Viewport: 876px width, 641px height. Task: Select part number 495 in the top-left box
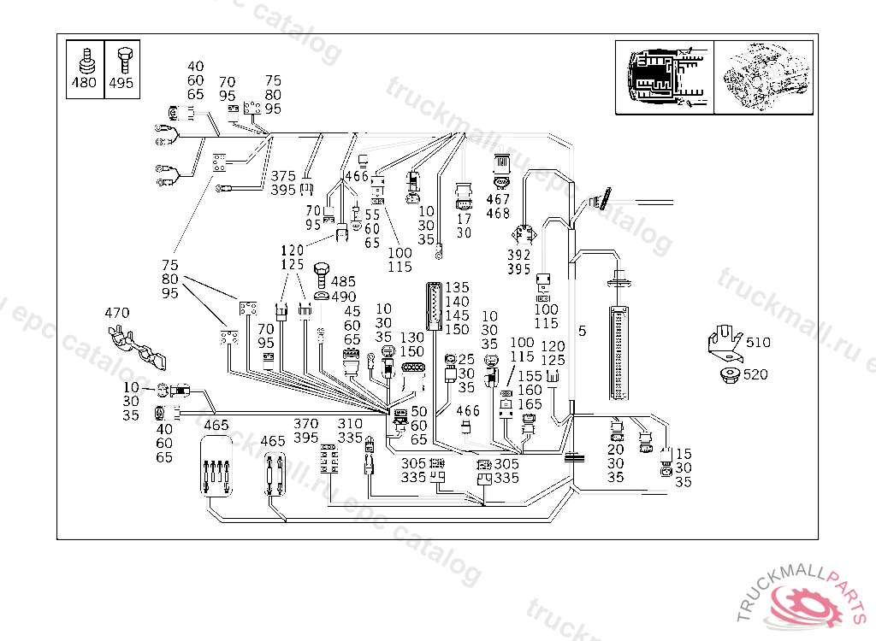click(121, 85)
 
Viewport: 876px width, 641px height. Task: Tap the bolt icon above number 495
click(121, 59)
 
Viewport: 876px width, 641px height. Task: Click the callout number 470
click(117, 313)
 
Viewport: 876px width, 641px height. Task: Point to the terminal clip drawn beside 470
click(137, 346)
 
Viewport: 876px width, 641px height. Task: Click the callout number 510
click(757, 343)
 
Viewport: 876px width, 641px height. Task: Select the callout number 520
click(755, 374)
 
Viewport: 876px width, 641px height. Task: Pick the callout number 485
click(343, 281)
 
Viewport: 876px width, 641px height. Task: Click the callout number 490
click(343, 297)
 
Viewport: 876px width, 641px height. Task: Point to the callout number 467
click(498, 199)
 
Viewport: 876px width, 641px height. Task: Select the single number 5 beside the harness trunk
click(582, 331)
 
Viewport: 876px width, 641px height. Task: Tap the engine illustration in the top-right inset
click(763, 77)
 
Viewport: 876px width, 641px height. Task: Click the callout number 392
click(519, 255)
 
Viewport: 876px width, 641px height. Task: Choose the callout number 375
click(284, 175)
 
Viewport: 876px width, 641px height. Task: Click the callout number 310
click(350, 423)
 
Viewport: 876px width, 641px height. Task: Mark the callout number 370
click(306, 423)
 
